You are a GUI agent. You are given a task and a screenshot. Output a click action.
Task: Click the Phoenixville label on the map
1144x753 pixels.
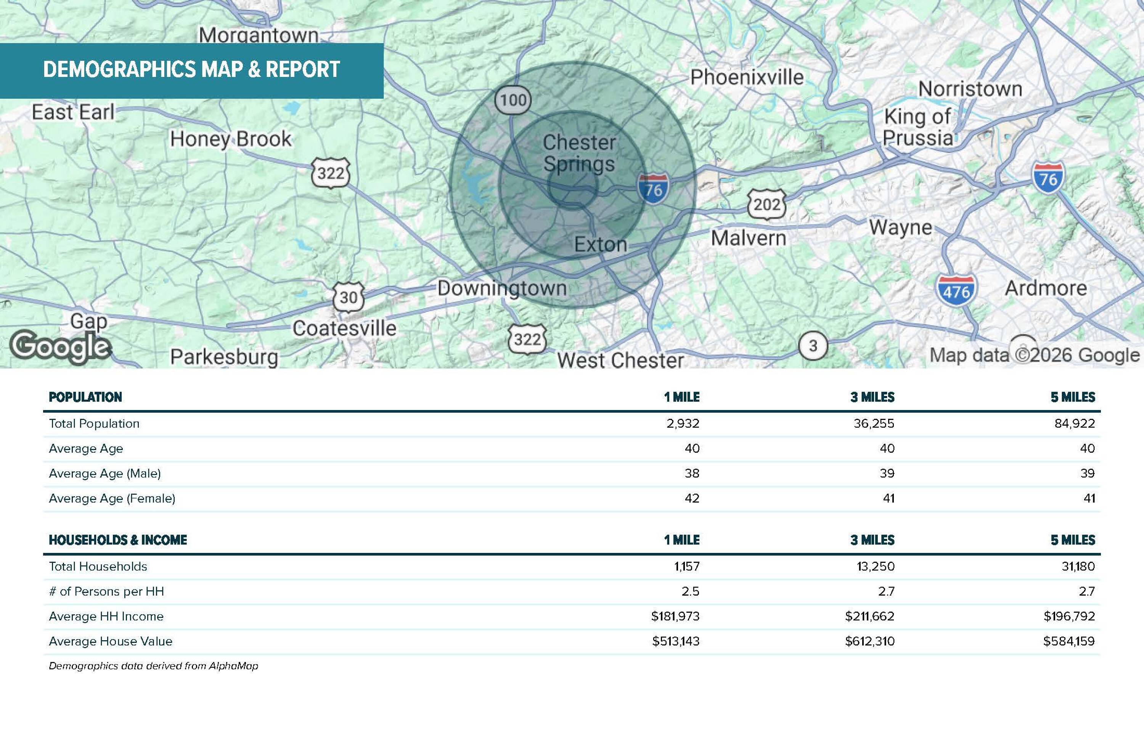pos(747,77)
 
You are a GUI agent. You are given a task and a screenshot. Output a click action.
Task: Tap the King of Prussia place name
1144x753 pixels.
pos(917,127)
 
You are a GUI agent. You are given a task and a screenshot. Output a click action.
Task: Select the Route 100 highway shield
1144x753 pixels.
pos(513,100)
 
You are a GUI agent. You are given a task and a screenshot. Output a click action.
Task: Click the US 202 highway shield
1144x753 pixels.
pos(767,205)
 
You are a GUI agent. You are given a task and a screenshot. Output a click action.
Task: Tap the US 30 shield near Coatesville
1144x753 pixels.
pos(349,298)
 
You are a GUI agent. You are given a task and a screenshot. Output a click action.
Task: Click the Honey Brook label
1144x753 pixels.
pos(231,139)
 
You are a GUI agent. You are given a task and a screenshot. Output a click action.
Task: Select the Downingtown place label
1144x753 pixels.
pos(502,288)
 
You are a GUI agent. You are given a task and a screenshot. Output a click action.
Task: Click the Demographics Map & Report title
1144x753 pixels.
pos(192,70)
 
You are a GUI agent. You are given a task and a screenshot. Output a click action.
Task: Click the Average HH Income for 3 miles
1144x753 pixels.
pos(869,616)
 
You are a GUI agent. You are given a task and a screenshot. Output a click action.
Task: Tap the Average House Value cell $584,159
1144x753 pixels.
pos(1069,641)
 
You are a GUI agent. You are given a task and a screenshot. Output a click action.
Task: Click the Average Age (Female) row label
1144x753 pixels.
pos(112,498)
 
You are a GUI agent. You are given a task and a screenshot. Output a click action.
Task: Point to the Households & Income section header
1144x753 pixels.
pos(118,540)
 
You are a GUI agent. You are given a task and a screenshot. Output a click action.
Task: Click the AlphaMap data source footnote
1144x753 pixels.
pos(153,666)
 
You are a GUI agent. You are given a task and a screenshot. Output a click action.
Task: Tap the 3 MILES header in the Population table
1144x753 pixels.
pos(872,397)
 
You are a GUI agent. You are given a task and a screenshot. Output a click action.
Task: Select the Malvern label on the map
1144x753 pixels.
pos(749,238)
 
